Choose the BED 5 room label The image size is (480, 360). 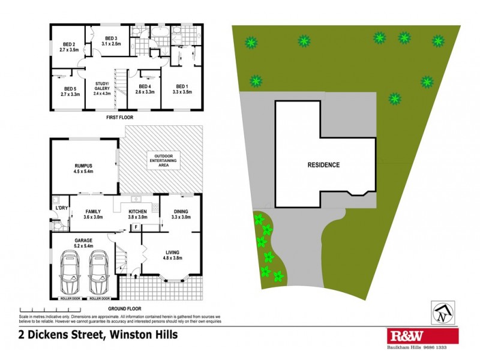pyautogui.click(x=70, y=91)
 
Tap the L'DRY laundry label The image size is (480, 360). pyautogui.click(x=61, y=208)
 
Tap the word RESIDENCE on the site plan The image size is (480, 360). pyautogui.click(x=323, y=165)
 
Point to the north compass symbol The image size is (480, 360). pyautogui.click(x=442, y=311)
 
